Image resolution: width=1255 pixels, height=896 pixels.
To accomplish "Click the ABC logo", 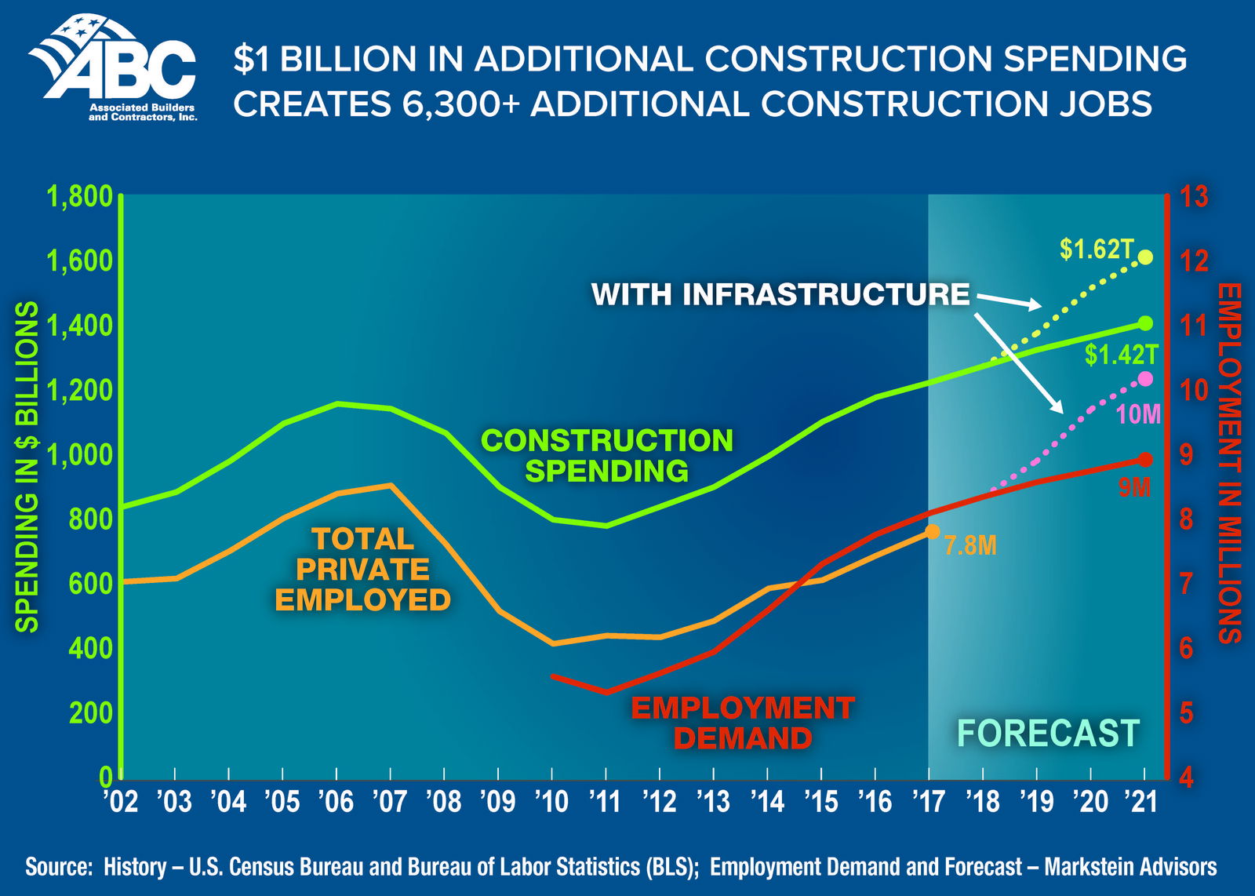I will pos(114,69).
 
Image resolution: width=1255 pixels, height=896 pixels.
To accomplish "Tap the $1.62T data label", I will pos(1097,249).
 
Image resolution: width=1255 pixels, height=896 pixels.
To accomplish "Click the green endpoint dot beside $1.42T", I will pos(1145,323).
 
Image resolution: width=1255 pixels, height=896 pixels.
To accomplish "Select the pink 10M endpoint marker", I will pos(1145,379).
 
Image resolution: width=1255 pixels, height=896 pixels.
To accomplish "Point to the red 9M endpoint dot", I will pos(1145,460).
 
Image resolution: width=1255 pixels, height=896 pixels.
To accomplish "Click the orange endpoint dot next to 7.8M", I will pos(932,532).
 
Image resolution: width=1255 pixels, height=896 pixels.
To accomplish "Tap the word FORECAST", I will pos(1047,734).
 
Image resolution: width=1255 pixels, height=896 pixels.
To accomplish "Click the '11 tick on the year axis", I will pos(606,801).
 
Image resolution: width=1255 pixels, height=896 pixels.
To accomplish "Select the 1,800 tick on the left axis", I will pos(80,197).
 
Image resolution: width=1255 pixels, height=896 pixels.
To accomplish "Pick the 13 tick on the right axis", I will pos(1194,197).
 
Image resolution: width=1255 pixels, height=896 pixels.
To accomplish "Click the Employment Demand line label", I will pos(742,723).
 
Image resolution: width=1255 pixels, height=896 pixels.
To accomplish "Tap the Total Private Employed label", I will pos(362,569).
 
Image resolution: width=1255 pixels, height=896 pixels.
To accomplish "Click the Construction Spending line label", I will pos(606,455).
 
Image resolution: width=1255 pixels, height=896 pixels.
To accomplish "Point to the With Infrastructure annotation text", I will pos(780,294).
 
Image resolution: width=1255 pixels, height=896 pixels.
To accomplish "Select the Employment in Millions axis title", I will pos(1229,463).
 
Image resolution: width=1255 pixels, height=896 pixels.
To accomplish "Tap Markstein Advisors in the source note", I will pos(1129,867).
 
